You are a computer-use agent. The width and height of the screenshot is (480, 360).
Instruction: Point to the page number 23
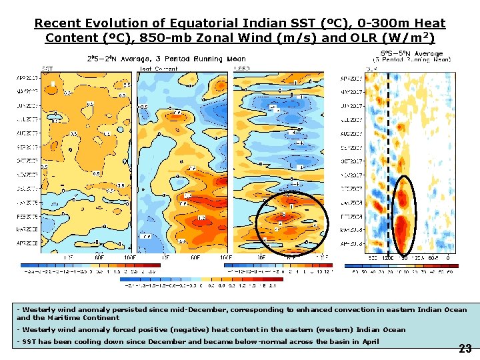pos(465,348)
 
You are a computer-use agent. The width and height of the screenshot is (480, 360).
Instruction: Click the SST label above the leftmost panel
pos(48,68)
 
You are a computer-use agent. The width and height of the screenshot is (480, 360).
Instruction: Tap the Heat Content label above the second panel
pos(158,68)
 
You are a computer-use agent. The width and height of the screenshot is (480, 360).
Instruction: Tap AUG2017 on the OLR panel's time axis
pos(351,133)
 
